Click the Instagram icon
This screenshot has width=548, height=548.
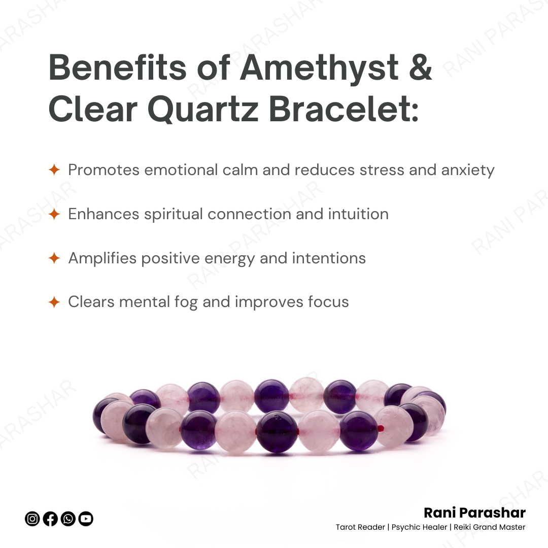click(x=32, y=519)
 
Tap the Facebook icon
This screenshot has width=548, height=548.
click(x=50, y=519)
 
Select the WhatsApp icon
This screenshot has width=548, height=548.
click(x=68, y=519)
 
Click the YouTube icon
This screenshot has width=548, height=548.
click(x=86, y=519)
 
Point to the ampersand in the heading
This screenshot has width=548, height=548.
click(x=420, y=67)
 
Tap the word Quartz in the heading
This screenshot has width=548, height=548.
click(x=203, y=110)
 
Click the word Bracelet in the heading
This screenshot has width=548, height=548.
click(x=344, y=109)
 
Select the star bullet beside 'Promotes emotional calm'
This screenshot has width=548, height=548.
click(x=54, y=170)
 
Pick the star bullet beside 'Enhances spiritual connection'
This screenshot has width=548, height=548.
click(x=54, y=214)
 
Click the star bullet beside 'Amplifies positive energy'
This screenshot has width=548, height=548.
click(x=54, y=258)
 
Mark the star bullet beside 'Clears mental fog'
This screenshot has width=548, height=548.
click(x=54, y=302)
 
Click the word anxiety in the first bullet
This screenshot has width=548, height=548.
click(x=468, y=171)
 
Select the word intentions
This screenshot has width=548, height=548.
click(x=329, y=258)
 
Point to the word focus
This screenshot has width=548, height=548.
click(x=328, y=302)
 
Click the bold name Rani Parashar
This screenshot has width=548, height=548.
click(x=474, y=512)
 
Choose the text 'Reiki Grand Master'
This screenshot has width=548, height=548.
click(x=489, y=527)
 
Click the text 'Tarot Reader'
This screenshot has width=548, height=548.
click(x=360, y=527)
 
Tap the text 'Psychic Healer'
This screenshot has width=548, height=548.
click(x=420, y=527)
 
